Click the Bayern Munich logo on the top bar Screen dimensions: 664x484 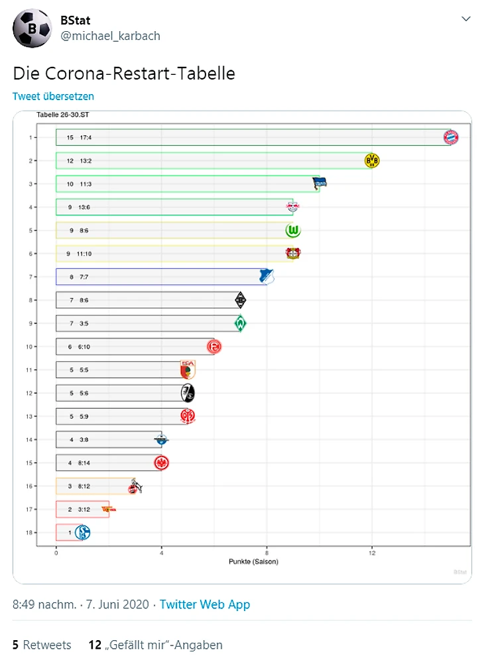click(451, 137)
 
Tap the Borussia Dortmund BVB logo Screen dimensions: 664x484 click(372, 160)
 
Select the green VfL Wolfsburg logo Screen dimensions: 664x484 click(293, 231)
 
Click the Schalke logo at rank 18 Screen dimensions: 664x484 click(83, 532)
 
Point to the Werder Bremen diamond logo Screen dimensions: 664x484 click(240, 323)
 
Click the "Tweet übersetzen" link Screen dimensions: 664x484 click(53, 96)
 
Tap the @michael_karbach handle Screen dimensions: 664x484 click(111, 36)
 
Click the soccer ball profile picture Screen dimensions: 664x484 click(31, 28)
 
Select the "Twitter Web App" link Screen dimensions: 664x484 click(205, 604)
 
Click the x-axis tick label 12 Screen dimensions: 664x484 click(372, 552)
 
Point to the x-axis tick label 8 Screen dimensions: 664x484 click(267, 552)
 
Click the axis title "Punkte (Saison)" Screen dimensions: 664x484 click(253, 562)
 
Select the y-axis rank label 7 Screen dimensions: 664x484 click(30, 277)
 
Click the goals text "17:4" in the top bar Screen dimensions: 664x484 click(86, 138)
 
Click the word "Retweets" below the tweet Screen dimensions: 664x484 click(47, 645)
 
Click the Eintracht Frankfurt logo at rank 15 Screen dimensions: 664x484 click(161, 463)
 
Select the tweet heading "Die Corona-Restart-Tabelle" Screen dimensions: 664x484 click(124, 73)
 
